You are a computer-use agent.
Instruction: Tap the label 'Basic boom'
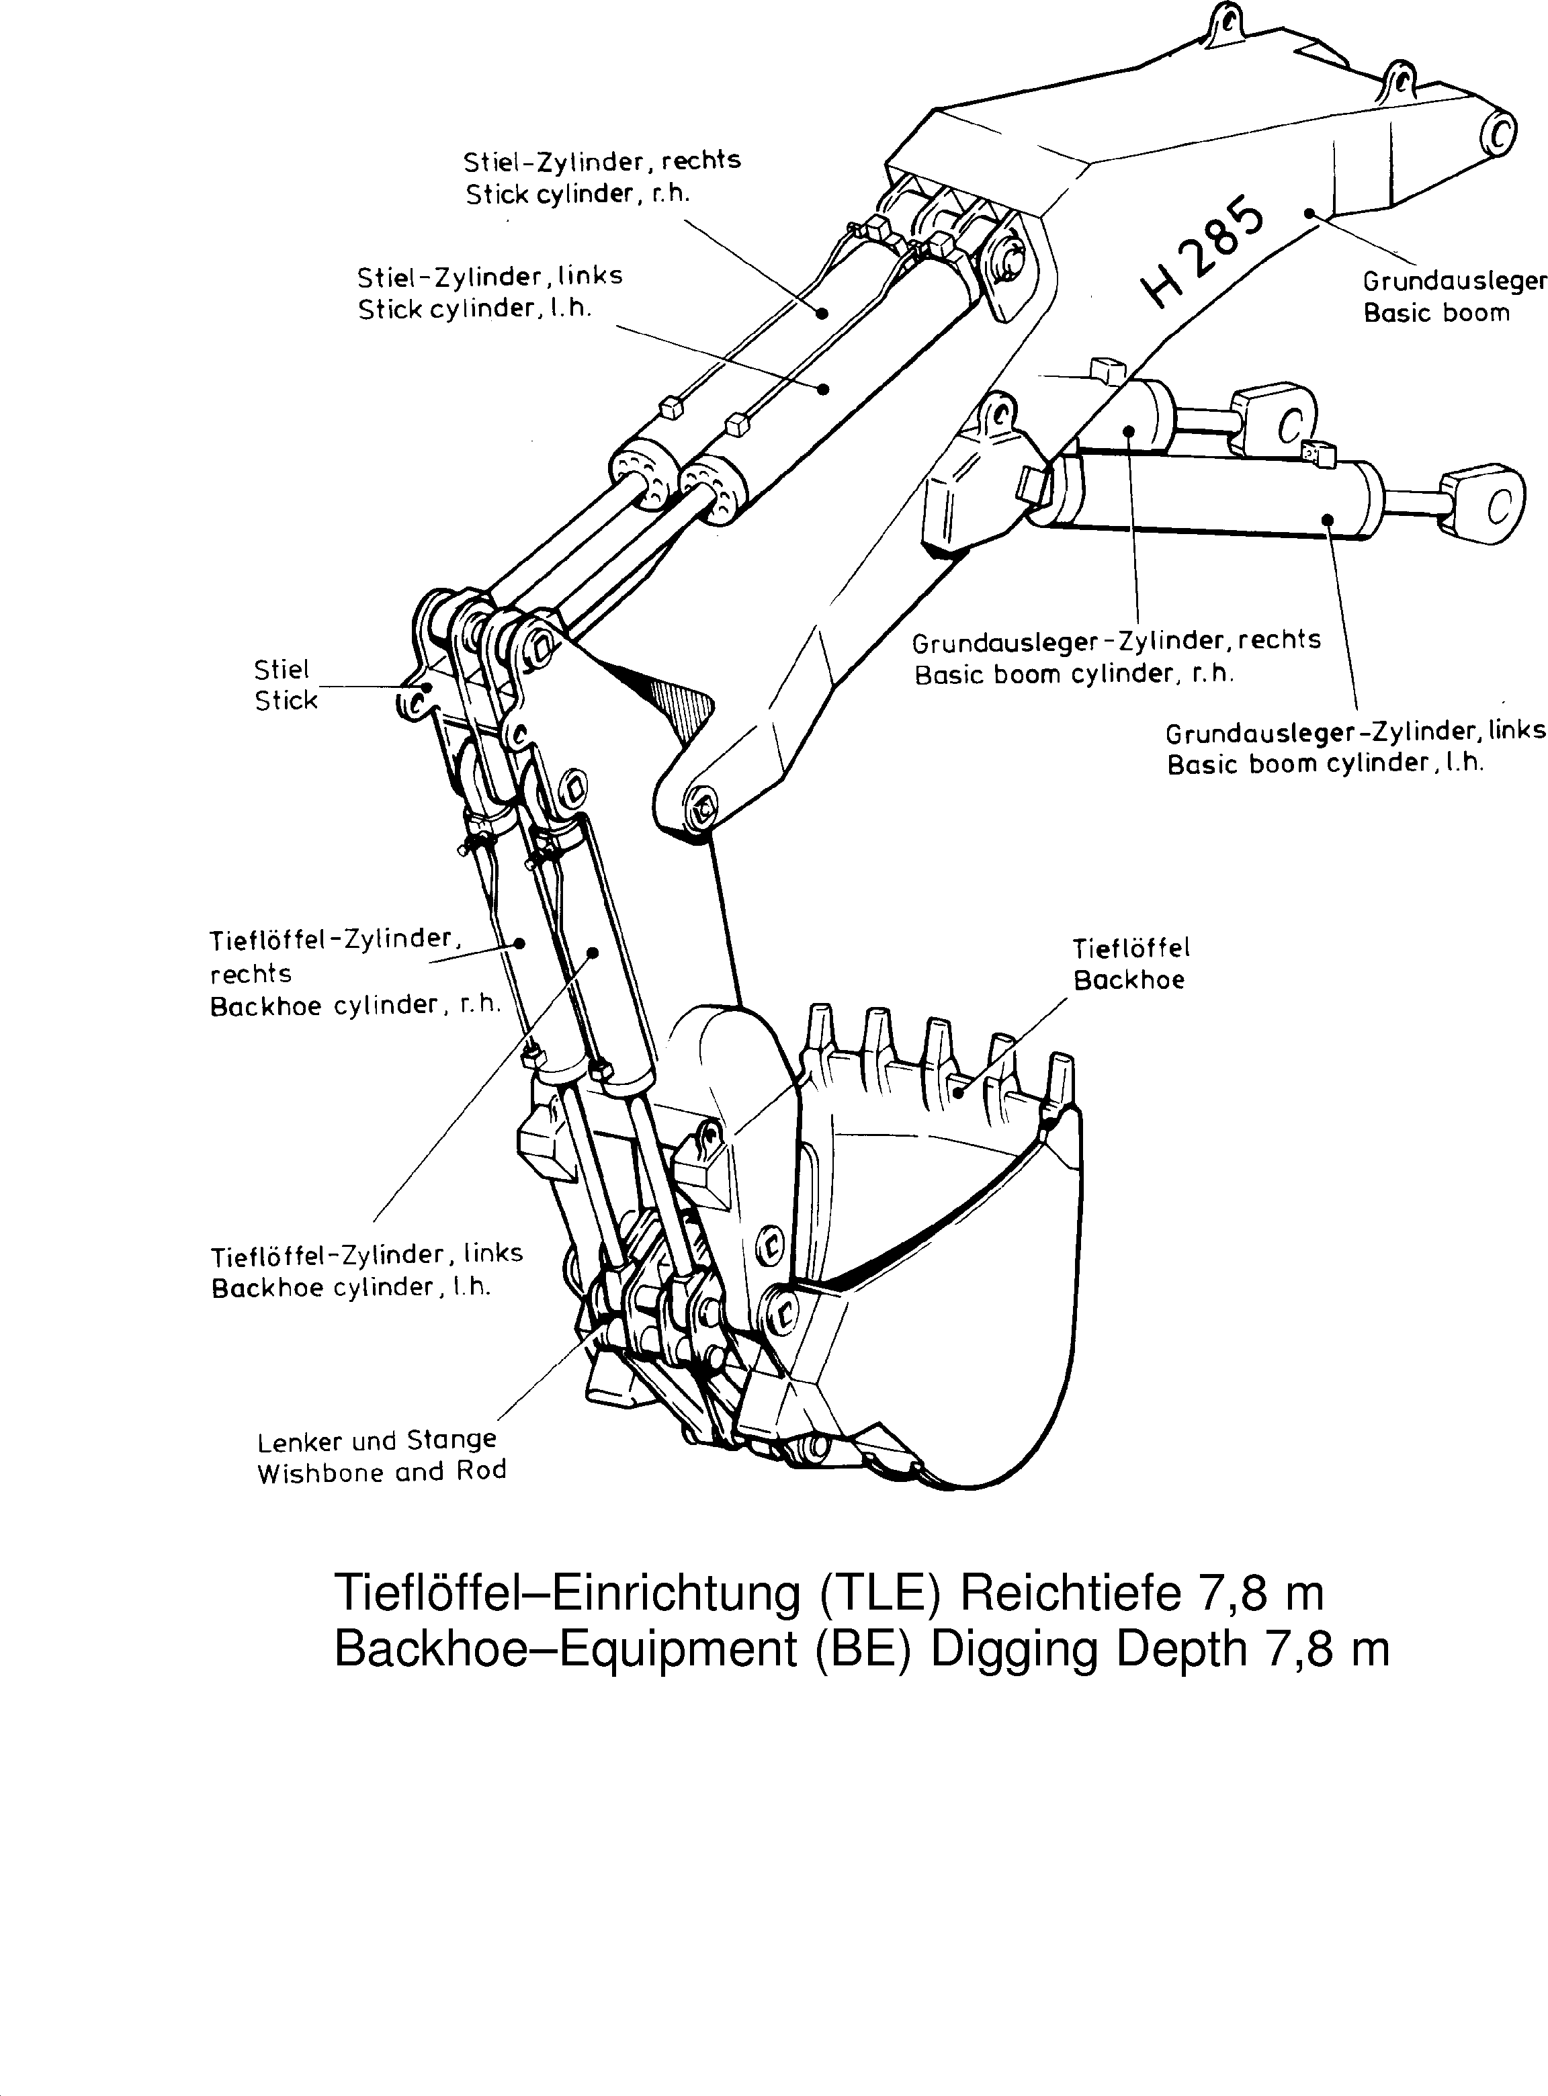[x=1436, y=313]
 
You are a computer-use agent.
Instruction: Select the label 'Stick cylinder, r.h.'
[x=577, y=194]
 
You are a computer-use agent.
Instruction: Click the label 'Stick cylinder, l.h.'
[x=474, y=309]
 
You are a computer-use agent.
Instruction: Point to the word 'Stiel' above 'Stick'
[x=281, y=670]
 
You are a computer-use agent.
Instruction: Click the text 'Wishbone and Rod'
[x=382, y=1472]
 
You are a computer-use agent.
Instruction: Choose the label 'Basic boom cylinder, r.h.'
[x=1074, y=674]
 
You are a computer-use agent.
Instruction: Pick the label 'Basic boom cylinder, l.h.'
[x=1325, y=764]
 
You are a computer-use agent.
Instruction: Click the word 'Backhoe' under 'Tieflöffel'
[x=1128, y=980]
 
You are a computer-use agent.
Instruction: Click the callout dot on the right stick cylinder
[x=822, y=313]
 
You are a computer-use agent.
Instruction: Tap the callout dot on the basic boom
[x=1309, y=214]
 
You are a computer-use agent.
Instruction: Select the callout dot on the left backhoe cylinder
[x=592, y=953]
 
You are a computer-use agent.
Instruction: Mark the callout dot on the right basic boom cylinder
[x=1129, y=431]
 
